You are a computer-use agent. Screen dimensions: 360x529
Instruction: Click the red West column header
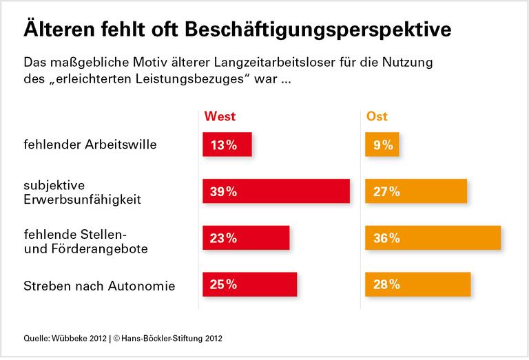pyautogui.click(x=220, y=116)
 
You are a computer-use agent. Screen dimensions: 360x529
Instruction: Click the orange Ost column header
pyautogui.click(x=376, y=116)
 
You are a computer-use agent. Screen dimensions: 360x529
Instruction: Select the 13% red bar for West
pyautogui.click(x=227, y=145)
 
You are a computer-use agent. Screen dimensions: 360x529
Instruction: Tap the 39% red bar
pyautogui.click(x=276, y=192)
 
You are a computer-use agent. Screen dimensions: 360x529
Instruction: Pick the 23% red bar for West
pyautogui.click(x=246, y=238)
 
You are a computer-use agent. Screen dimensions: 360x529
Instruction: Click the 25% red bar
pyautogui.click(x=249, y=284)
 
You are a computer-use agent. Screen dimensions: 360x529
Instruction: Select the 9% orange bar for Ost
pyautogui.click(x=382, y=145)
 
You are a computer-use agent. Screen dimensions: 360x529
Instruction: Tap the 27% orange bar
pyautogui.click(x=416, y=192)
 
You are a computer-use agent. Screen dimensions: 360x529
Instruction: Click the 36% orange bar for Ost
pyautogui.click(x=433, y=238)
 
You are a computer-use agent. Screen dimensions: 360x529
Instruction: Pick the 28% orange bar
pyautogui.click(x=417, y=284)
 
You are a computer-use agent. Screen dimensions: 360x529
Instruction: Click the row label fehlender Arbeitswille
pyautogui.click(x=90, y=145)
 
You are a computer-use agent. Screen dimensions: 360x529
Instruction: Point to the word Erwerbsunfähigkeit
pyautogui.click(x=82, y=200)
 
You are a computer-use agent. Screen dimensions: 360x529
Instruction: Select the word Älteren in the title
pyautogui.click(x=54, y=30)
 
